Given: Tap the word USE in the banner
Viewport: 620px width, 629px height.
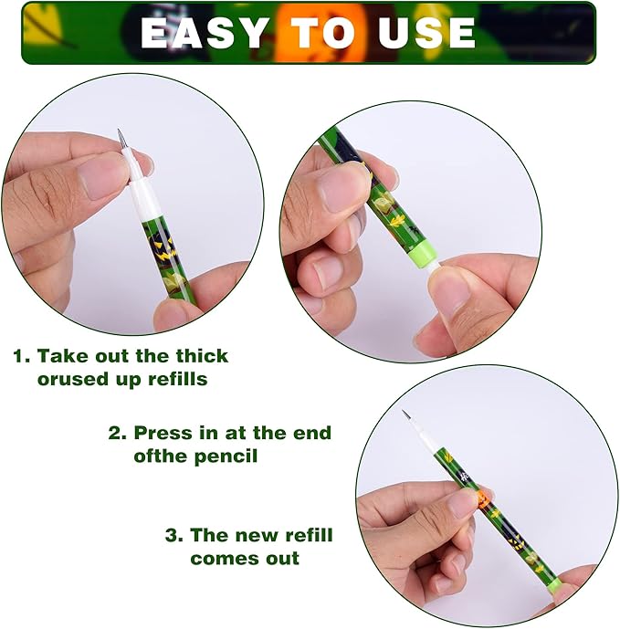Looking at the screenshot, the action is pyautogui.click(x=426, y=33).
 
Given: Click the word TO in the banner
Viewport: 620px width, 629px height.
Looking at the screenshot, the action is pyautogui.click(x=323, y=33).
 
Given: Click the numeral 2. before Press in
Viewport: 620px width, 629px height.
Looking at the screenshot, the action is pyautogui.click(x=118, y=434).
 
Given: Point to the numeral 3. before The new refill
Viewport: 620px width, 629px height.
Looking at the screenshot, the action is pyautogui.click(x=174, y=536).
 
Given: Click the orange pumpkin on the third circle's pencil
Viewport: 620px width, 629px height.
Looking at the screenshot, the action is pyautogui.click(x=484, y=498).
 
